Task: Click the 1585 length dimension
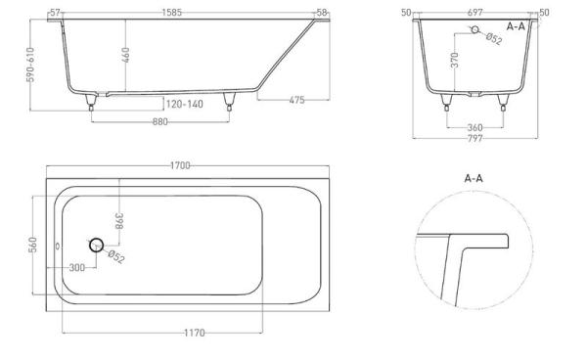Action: [x=172, y=13]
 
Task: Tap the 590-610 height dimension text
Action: [x=31, y=65]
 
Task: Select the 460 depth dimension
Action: [x=126, y=55]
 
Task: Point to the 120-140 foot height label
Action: [x=185, y=104]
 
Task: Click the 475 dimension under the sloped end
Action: [x=296, y=100]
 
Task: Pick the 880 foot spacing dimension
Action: [x=160, y=121]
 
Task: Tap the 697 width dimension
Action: [x=475, y=13]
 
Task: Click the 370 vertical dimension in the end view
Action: [x=455, y=60]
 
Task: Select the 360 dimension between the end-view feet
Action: [x=475, y=127]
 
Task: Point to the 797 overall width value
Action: [x=475, y=139]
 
